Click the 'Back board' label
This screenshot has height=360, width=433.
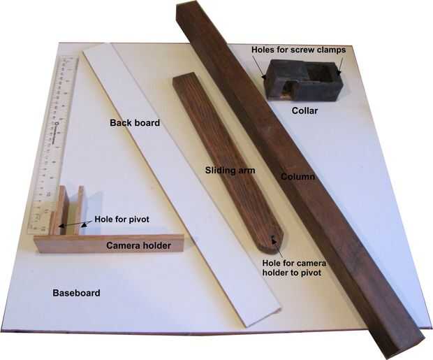coord(135,122)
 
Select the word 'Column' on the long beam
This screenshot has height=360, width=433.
coord(298,177)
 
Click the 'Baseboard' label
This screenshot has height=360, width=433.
coord(76,292)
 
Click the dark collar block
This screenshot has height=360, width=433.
coord(302,80)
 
